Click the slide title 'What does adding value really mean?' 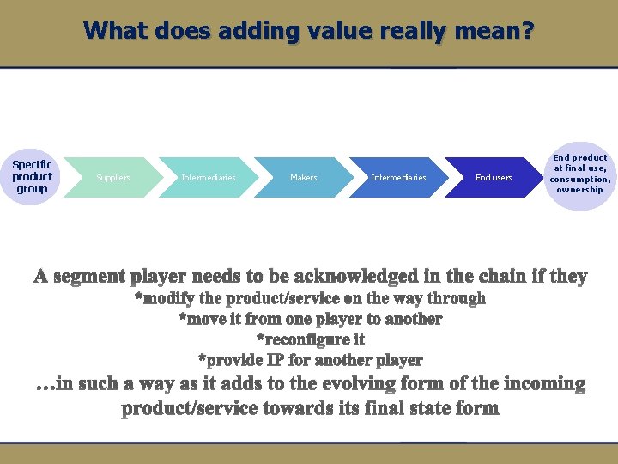tap(309, 32)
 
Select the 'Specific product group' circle tap(32, 177)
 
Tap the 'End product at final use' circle tap(580, 175)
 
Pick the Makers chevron tap(303, 178)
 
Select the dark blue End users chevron tap(493, 178)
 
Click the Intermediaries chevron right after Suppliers tap(209, 178)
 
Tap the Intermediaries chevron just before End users tap(398, 178)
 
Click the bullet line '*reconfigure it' tap(310, 339)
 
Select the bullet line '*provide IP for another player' tap(310, 360)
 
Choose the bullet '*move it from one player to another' tap(310, 319)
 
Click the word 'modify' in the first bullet tap(171, 298)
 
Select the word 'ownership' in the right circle tap(580, 190)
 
